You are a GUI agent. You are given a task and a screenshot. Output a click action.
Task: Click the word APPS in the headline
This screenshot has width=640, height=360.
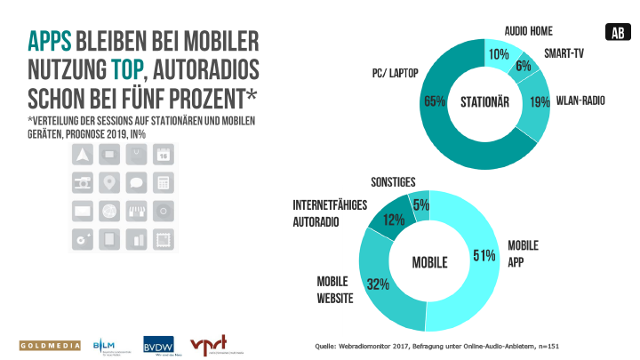point(49,43)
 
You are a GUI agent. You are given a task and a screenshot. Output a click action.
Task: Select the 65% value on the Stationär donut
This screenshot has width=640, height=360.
point(435,100)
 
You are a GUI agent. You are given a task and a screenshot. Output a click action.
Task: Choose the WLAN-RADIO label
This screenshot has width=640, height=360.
point(580,100)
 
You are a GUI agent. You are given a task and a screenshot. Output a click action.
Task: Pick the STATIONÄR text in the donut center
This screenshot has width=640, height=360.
point(484,101)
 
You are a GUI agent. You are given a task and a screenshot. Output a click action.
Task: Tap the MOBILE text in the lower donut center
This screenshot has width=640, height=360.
point(428,263)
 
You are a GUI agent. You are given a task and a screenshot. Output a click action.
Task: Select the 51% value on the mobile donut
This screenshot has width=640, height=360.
point(484,256)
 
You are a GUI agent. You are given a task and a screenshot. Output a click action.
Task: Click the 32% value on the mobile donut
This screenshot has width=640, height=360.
point(380,284)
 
